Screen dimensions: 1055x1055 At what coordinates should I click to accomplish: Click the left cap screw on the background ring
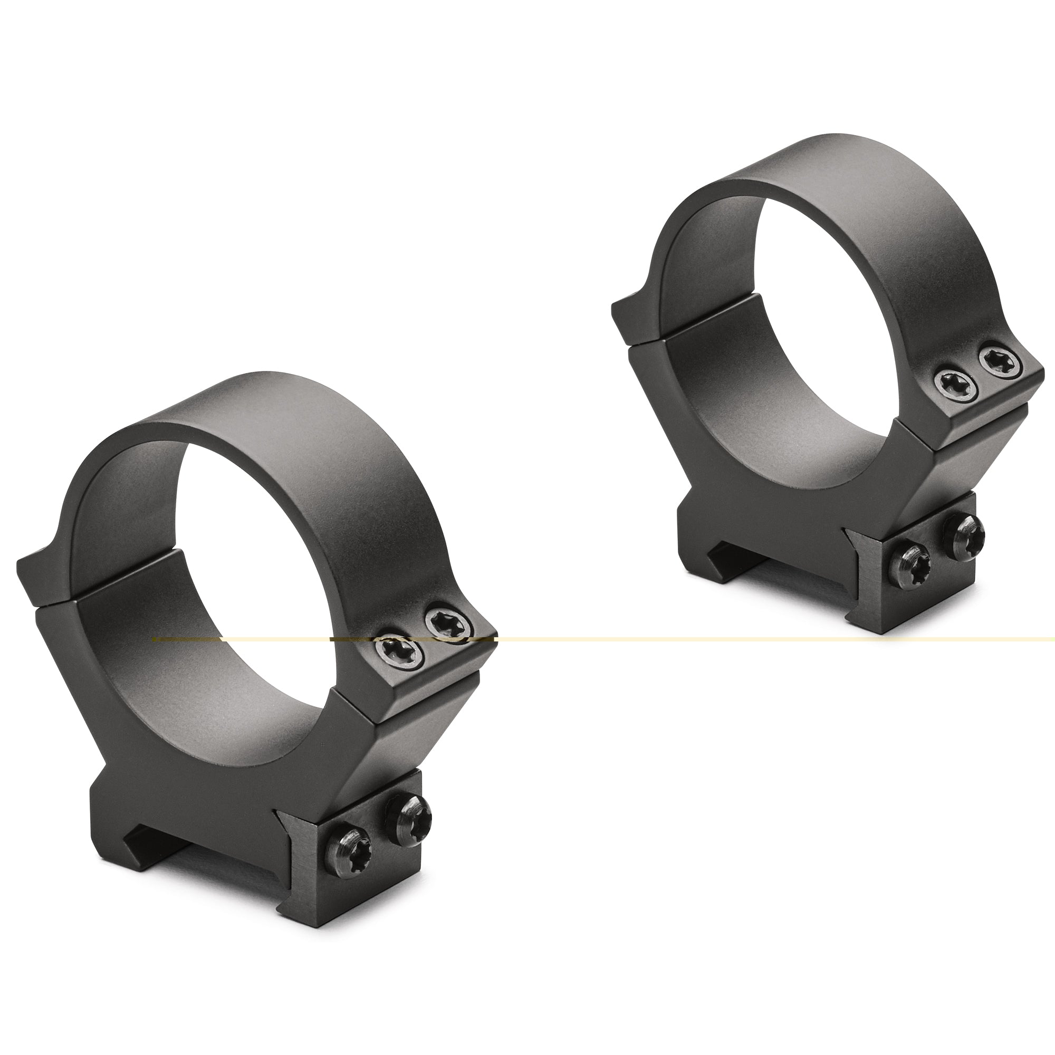pos(951,385)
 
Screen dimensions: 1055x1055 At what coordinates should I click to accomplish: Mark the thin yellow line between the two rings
pos(655,638)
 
